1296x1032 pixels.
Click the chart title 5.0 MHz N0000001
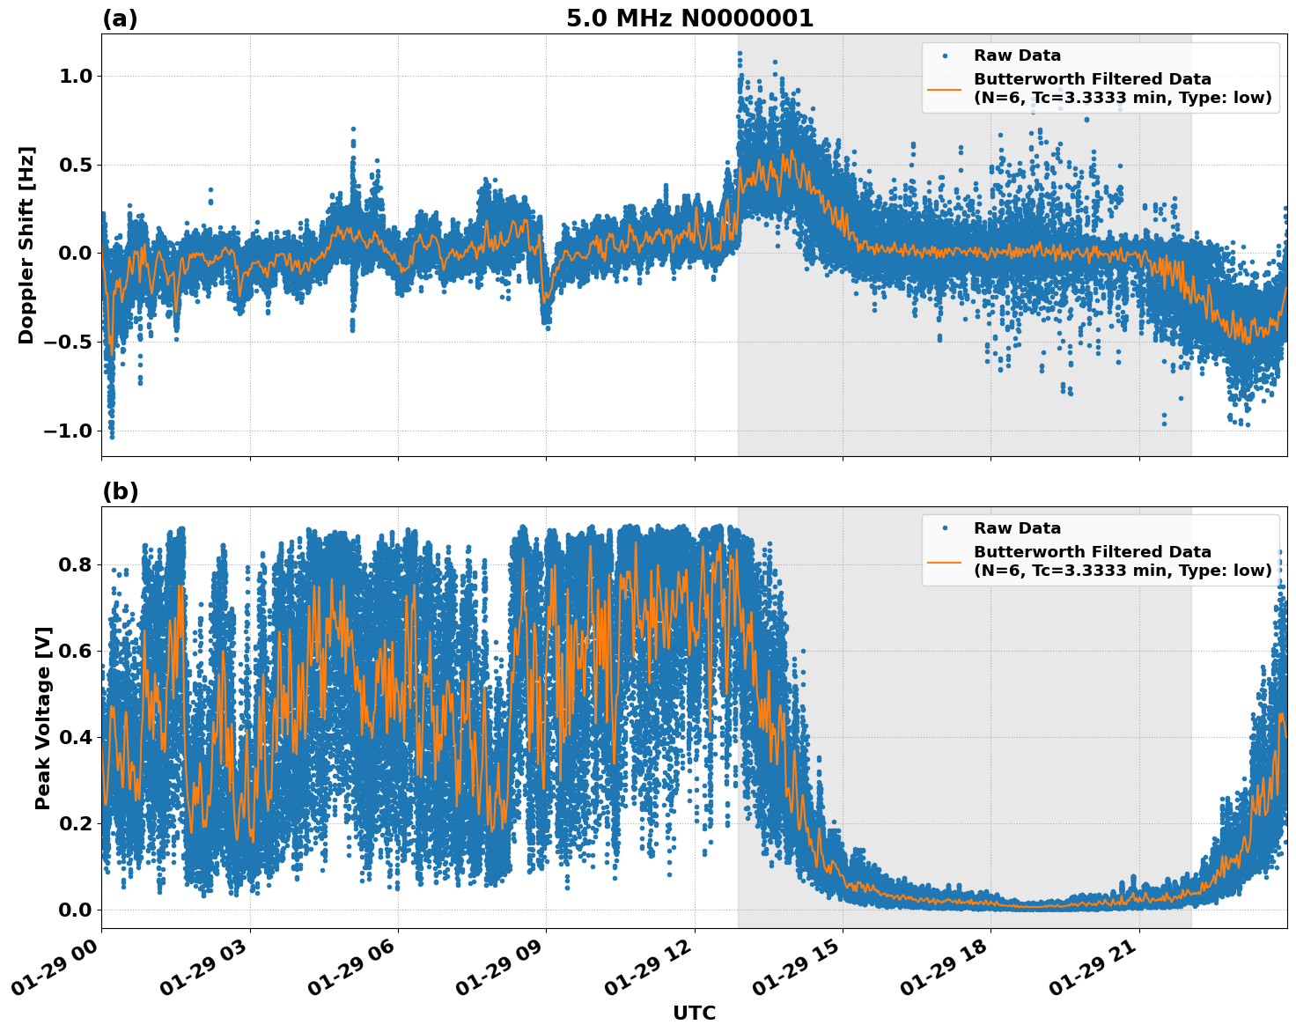point(689,18)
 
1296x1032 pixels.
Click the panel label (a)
point(120,18)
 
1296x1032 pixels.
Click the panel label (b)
point(120,491)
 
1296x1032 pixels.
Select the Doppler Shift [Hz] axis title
point(26,245)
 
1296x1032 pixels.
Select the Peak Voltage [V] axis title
point(43,718)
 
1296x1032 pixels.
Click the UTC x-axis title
point(694,1013)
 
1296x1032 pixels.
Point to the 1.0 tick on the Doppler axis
point(75,77)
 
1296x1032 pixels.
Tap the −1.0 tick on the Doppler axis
point(69,431)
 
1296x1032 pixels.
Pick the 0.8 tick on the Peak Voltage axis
point(75,564)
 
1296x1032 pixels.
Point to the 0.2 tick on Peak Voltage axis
point(75,823)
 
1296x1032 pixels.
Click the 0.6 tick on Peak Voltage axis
point(75,651)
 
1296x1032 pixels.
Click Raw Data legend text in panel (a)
point(1017,55)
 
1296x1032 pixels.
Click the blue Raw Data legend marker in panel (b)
point(945,528)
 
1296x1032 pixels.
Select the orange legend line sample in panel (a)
point(945,88)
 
